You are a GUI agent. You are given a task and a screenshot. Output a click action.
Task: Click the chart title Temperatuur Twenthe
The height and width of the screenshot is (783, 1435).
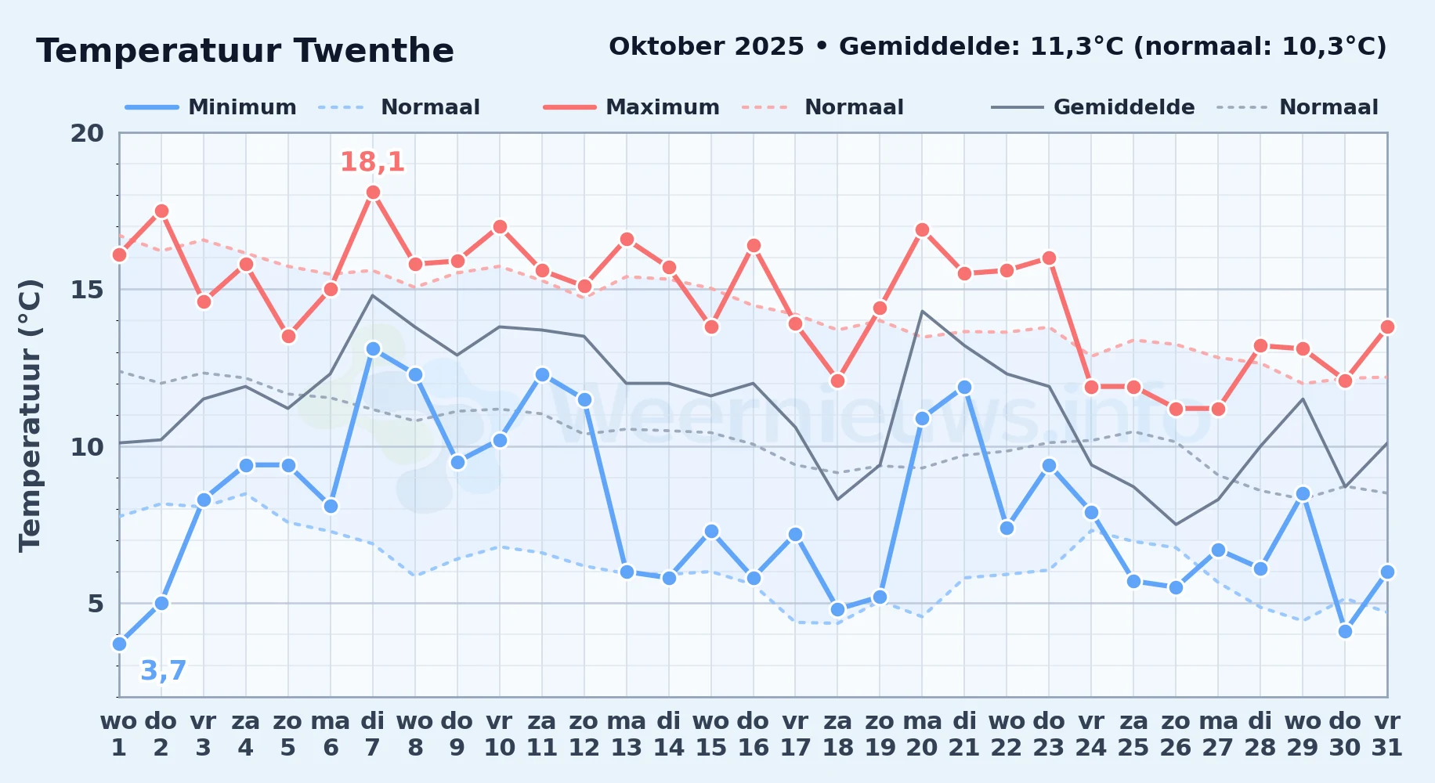tap(245, 51)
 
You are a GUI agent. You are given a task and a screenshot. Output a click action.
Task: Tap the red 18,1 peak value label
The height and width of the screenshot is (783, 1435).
tap(372, 162)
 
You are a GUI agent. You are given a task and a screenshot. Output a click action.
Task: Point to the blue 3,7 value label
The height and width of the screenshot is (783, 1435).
tap(163, 670)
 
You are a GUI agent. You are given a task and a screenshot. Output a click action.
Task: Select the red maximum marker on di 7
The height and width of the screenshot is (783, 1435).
tap(373, 193)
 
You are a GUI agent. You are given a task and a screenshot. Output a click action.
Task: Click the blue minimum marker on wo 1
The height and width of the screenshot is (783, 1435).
tap(119, 644)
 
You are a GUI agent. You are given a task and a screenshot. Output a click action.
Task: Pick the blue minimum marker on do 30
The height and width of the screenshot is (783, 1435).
tap(1345, 631)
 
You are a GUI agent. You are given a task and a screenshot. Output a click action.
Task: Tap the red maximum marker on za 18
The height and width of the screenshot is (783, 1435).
tap(837, 381)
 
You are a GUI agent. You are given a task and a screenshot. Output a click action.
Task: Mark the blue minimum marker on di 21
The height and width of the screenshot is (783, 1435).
tap(964, 387)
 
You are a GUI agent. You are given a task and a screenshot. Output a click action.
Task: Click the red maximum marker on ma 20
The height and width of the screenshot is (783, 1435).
tap(922, 230)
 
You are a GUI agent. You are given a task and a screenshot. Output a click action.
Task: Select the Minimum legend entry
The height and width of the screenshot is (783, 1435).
tap(211, 107)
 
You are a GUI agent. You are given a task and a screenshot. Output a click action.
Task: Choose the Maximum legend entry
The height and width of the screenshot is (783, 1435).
tap(631, 107)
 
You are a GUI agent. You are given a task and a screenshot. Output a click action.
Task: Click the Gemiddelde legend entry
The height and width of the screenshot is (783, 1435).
tap(1093, 107)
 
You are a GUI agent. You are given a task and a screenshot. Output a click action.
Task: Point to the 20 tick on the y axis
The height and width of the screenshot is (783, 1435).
tap(87, 133)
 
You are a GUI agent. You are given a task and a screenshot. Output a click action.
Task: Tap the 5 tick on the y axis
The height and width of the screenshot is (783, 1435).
tap(96, 604)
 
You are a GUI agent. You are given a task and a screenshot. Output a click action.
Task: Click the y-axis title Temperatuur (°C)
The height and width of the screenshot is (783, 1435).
tap(30, 415)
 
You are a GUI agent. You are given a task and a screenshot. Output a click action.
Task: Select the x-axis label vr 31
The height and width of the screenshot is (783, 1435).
tap(1387, 734)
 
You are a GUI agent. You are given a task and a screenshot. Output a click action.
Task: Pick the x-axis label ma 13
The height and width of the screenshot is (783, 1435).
tap(627, 734)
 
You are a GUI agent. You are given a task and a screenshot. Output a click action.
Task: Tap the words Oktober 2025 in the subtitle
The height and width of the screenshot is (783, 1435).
tap(707, 47)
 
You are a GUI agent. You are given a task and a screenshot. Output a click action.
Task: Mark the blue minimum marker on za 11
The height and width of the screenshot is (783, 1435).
tap(542, 374)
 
